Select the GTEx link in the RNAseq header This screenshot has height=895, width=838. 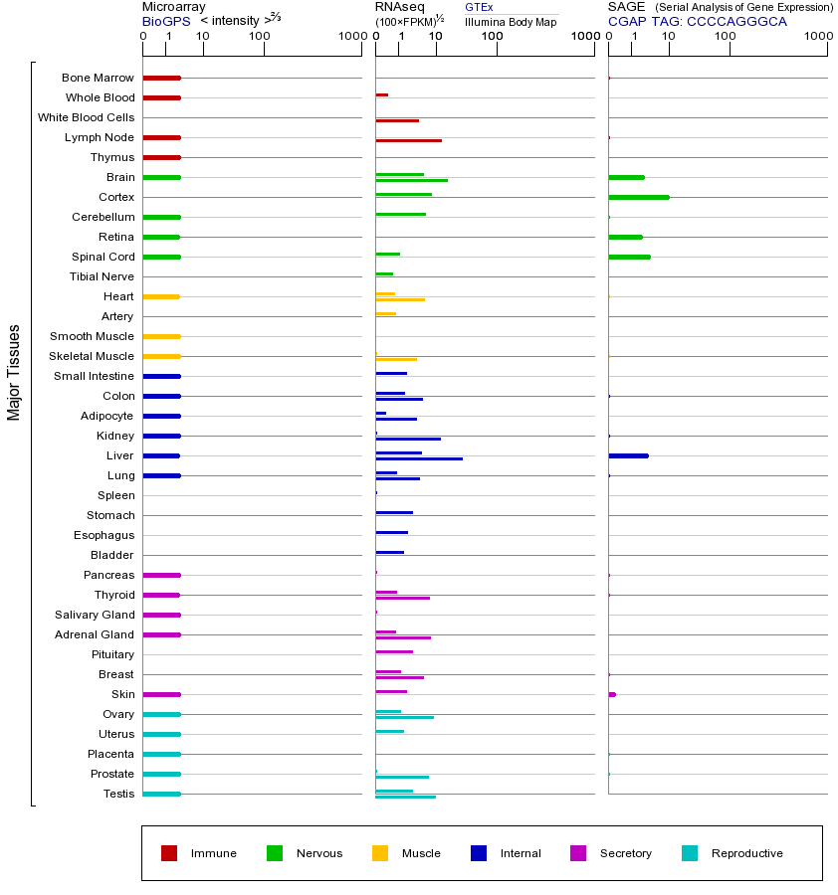[479, 7]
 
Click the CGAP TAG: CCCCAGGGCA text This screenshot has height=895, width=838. [697, 21]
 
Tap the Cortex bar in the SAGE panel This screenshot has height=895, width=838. [638, 197]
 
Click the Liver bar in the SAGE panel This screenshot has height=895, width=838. [628, 455]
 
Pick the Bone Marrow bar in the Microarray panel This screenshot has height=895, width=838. [161, 78]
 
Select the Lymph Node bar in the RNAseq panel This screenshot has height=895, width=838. [408, 140]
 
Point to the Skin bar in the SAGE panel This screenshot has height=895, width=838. [612, 694]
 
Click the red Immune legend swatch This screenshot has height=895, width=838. [169, 853]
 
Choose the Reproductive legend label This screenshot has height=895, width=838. [746, 853]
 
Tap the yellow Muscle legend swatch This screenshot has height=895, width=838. [380, 853]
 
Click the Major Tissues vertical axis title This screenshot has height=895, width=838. [14, 372]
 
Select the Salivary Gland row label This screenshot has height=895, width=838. [96, 615]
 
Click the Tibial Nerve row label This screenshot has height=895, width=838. [102, 276]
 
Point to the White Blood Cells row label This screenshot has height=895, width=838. [86, 117]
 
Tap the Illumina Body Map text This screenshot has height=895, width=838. [511, 21]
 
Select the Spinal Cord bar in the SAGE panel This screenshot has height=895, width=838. [629, 257]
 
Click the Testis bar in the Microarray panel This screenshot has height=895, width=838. [161, 794]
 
